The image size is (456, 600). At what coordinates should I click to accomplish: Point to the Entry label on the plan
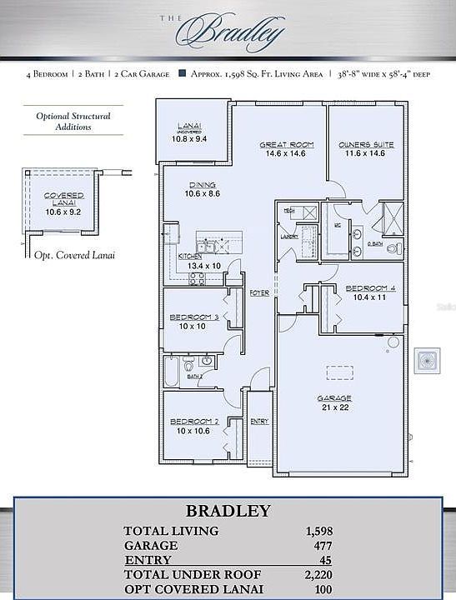(259, 422)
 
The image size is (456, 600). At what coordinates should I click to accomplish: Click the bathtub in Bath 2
(172, 370)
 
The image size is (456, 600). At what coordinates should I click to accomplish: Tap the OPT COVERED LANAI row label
(193, 588)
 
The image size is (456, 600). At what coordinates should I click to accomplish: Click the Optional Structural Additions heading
(73, 122)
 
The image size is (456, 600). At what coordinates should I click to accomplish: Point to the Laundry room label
(289, 236)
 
